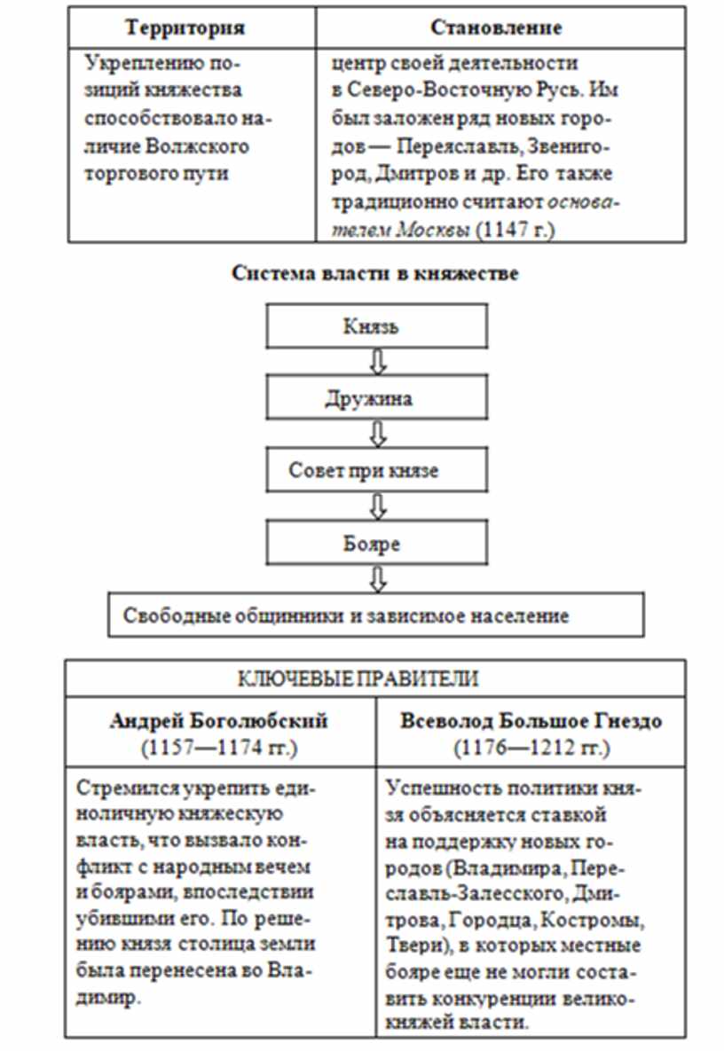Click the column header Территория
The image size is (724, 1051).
point(185,27)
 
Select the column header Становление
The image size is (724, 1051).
point(496,27)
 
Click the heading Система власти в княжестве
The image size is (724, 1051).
point(375,273)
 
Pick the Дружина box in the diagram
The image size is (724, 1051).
point(378,398)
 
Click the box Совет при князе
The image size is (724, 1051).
point(378,470)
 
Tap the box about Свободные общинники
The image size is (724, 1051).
point(375,615)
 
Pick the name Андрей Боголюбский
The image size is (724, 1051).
point(219,721)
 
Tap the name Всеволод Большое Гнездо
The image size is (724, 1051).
point(531,721)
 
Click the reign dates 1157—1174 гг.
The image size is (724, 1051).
point(219,748)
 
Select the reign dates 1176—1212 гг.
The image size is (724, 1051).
point(531,748)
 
